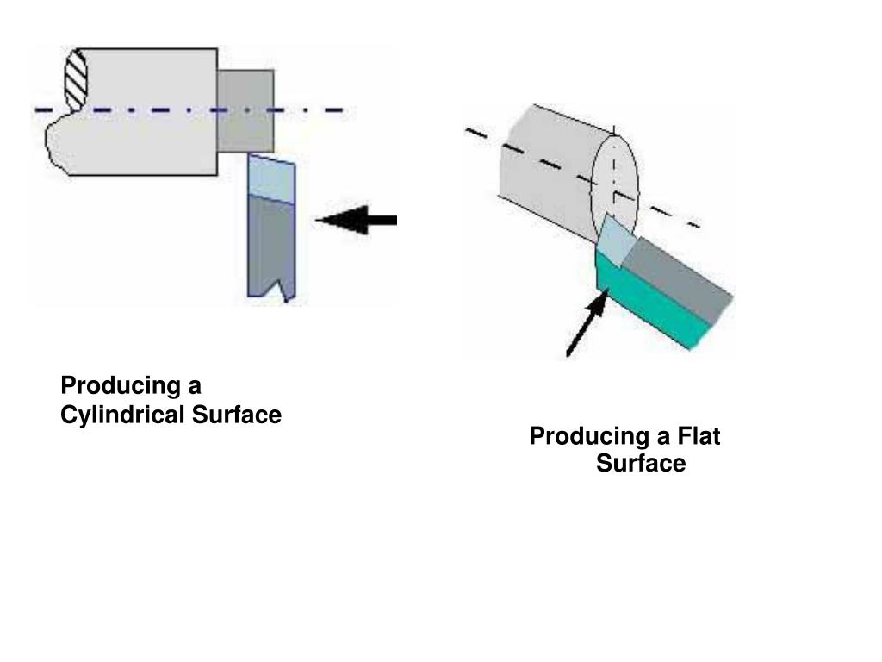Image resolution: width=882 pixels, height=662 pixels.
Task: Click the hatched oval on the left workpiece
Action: point(77,79)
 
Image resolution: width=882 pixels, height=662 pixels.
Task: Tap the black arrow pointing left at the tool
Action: point(358,220)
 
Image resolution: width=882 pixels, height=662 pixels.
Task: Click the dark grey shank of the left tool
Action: point(270,246)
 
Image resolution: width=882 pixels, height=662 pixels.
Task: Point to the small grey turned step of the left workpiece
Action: point(245,109)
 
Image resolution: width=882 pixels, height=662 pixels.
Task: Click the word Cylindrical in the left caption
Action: point(122,415)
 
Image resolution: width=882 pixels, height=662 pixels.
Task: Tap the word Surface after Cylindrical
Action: point(236,415)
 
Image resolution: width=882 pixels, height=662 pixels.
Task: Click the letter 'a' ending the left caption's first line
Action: point(195,384)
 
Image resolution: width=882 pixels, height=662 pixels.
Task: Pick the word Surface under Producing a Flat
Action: point(641,465)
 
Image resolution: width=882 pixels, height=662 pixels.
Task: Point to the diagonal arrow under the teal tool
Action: point(587,325)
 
